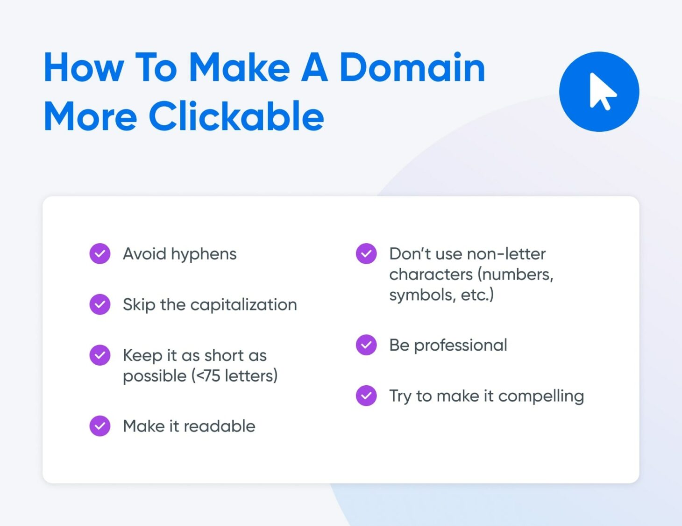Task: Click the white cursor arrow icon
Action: point(602,92)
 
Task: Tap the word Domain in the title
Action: point(412,68)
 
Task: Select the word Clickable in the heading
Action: point(236,116)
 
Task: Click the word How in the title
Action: point(84,68)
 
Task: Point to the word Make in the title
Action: point(239,68)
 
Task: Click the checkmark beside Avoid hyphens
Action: point(100,254)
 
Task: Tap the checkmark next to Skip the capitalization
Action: point(100,304)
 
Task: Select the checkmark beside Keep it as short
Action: point(100,355)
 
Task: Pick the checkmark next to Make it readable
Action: point(100,426)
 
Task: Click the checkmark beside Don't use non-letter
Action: point(366,254)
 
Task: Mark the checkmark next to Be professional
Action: point(366,345)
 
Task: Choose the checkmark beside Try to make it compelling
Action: point(366,396)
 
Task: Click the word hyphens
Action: point(204,254)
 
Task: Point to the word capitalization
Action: point(243,305)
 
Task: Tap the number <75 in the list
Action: point(208,376)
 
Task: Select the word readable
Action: point(219,426)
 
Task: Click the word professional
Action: point(460,346)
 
